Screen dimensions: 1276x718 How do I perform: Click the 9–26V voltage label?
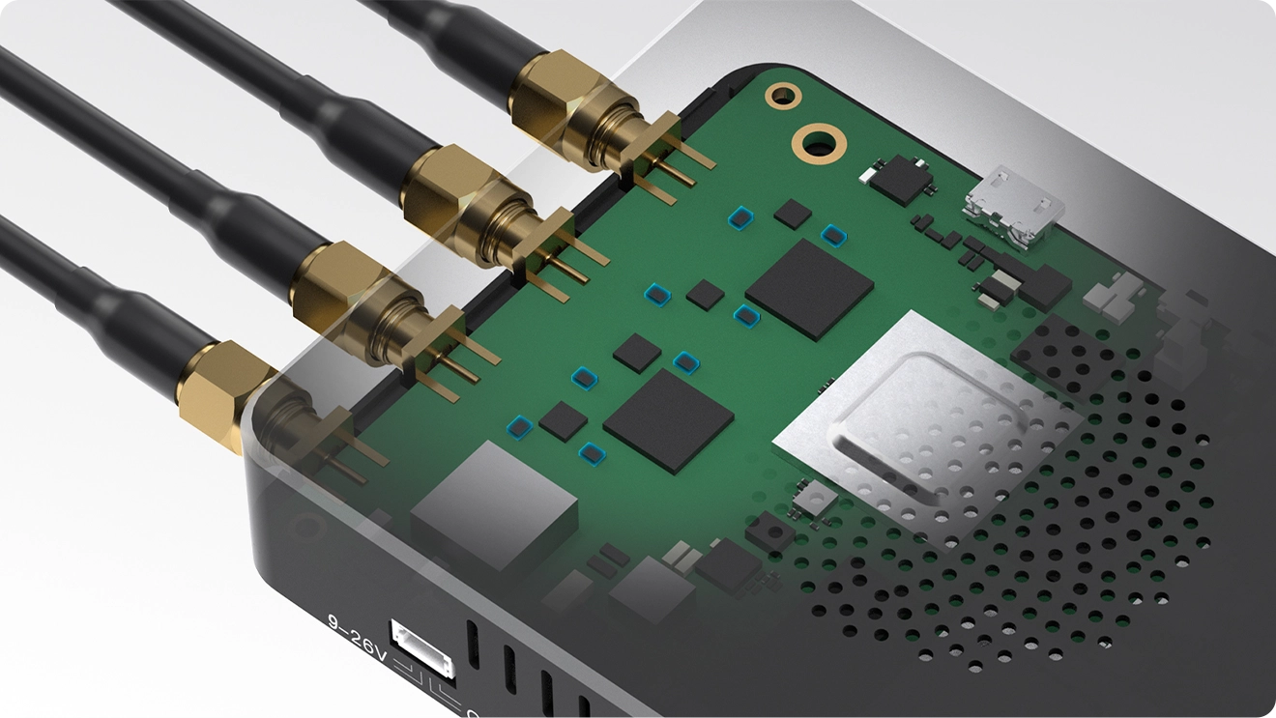(x=357, y=636)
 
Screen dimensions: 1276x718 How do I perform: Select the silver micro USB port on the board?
(x=1013, y=209)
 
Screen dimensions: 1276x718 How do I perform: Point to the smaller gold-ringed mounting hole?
(x=783, y=94)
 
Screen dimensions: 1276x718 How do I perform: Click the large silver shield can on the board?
(x=927, y=431)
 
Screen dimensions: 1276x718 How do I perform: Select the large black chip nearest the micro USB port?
(x=809, y=289)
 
